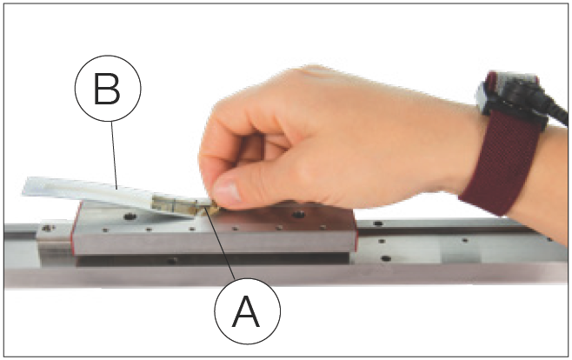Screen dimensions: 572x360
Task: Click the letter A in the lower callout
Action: point(247,311)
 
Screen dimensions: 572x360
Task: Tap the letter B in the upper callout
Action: point(107,89)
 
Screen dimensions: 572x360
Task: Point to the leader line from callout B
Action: point(114,156)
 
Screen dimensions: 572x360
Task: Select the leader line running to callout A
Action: point(222,244)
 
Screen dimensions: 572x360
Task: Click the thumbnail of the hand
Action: point(226,191)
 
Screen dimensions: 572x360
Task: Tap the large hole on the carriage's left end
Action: point(130,217)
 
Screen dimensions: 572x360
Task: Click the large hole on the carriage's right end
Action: point(298,215)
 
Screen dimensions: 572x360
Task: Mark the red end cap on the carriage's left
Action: point(75,228)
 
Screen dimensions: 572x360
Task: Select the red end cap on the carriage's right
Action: point(355,233)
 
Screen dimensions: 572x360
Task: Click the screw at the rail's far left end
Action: point(48,229)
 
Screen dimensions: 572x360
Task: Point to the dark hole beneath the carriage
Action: point(172,261)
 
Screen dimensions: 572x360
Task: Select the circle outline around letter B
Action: point(108,89)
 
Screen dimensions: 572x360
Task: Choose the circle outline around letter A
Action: point(248,311)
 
